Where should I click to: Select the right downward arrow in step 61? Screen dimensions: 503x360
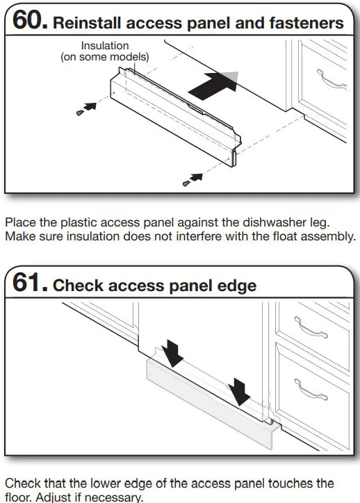tap(240, 390)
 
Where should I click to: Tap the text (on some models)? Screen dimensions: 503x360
tap(105, 56)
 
